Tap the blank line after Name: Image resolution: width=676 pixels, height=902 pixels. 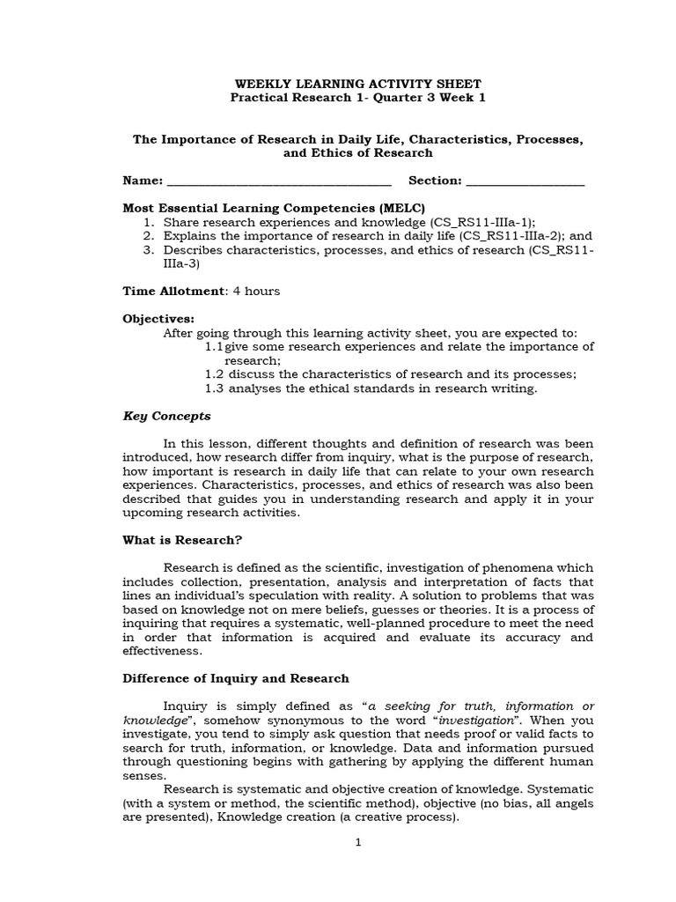[x=278, y=182]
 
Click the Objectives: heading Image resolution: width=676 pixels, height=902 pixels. [x=158, y=319]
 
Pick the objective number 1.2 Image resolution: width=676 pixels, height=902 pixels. [x=214, y=373]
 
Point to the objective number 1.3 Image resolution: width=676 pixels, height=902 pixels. [x=214, y=388]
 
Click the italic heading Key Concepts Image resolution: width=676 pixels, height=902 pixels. [x=166, y=416]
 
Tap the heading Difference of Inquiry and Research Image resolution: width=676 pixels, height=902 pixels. [x=235, y=678]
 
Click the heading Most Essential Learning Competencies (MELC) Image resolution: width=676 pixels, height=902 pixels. [x=273, y=209]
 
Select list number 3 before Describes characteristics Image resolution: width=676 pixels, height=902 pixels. [x=149, y=250]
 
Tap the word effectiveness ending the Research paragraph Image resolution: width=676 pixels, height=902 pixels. [x=162, y=651]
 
